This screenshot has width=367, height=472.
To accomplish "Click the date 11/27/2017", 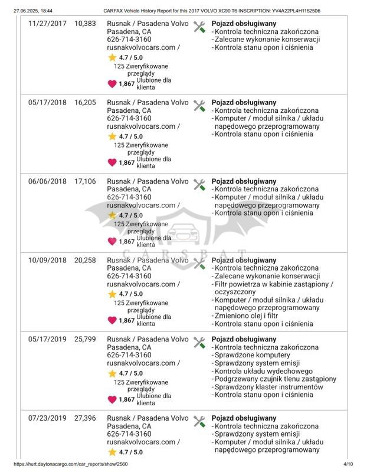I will pyautogui.click(x=48, y=24).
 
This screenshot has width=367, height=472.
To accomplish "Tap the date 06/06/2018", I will pyautogui.click(x=48, y=181).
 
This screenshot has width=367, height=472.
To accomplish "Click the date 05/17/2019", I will pyautogui.click(x=48, y=339).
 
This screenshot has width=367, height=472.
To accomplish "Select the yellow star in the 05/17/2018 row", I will pyautogui.click(x=112, y=136).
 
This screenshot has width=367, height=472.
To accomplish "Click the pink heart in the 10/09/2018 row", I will pyautogui.click(x=112, y=321).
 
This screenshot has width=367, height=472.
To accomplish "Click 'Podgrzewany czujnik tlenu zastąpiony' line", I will pyautogui.click(x=275, y=379).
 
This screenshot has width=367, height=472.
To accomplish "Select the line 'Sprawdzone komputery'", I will pyautogui.click(x=251, y=355).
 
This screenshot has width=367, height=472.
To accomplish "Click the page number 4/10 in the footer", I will pyautogui.click(x=349, y=465).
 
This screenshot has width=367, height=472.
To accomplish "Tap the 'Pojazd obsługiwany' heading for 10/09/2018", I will pyautogui.click(x=243, y=260).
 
